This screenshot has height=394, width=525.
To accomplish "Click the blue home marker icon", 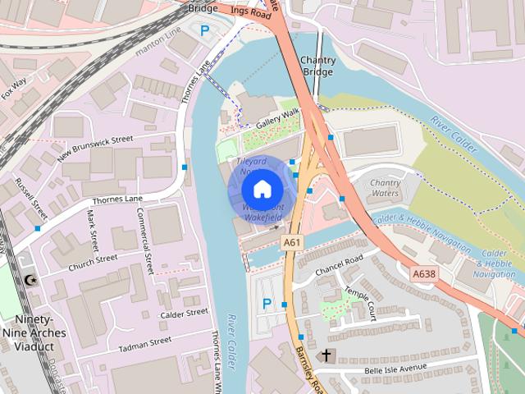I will tap(262, 189).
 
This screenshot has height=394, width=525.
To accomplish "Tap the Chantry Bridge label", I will tap(317, 66).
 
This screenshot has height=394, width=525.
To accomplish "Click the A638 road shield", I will tap(423, 273).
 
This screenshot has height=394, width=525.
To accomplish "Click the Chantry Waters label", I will tap(385, 188).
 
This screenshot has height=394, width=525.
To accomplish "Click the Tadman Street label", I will tap(144, 341).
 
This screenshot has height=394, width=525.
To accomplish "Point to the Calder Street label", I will tap(185, 313).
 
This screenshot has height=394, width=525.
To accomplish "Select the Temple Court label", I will tap(361, 303).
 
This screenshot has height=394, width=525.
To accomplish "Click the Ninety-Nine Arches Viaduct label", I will tap(34, 332).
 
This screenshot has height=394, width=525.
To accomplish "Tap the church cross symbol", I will tap(326, 355).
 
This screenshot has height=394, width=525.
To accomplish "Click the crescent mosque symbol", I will tap(31, 282).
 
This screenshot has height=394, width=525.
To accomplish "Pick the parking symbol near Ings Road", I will tap(205, 30).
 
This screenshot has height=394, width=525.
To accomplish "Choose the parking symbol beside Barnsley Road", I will tap(266, 305).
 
